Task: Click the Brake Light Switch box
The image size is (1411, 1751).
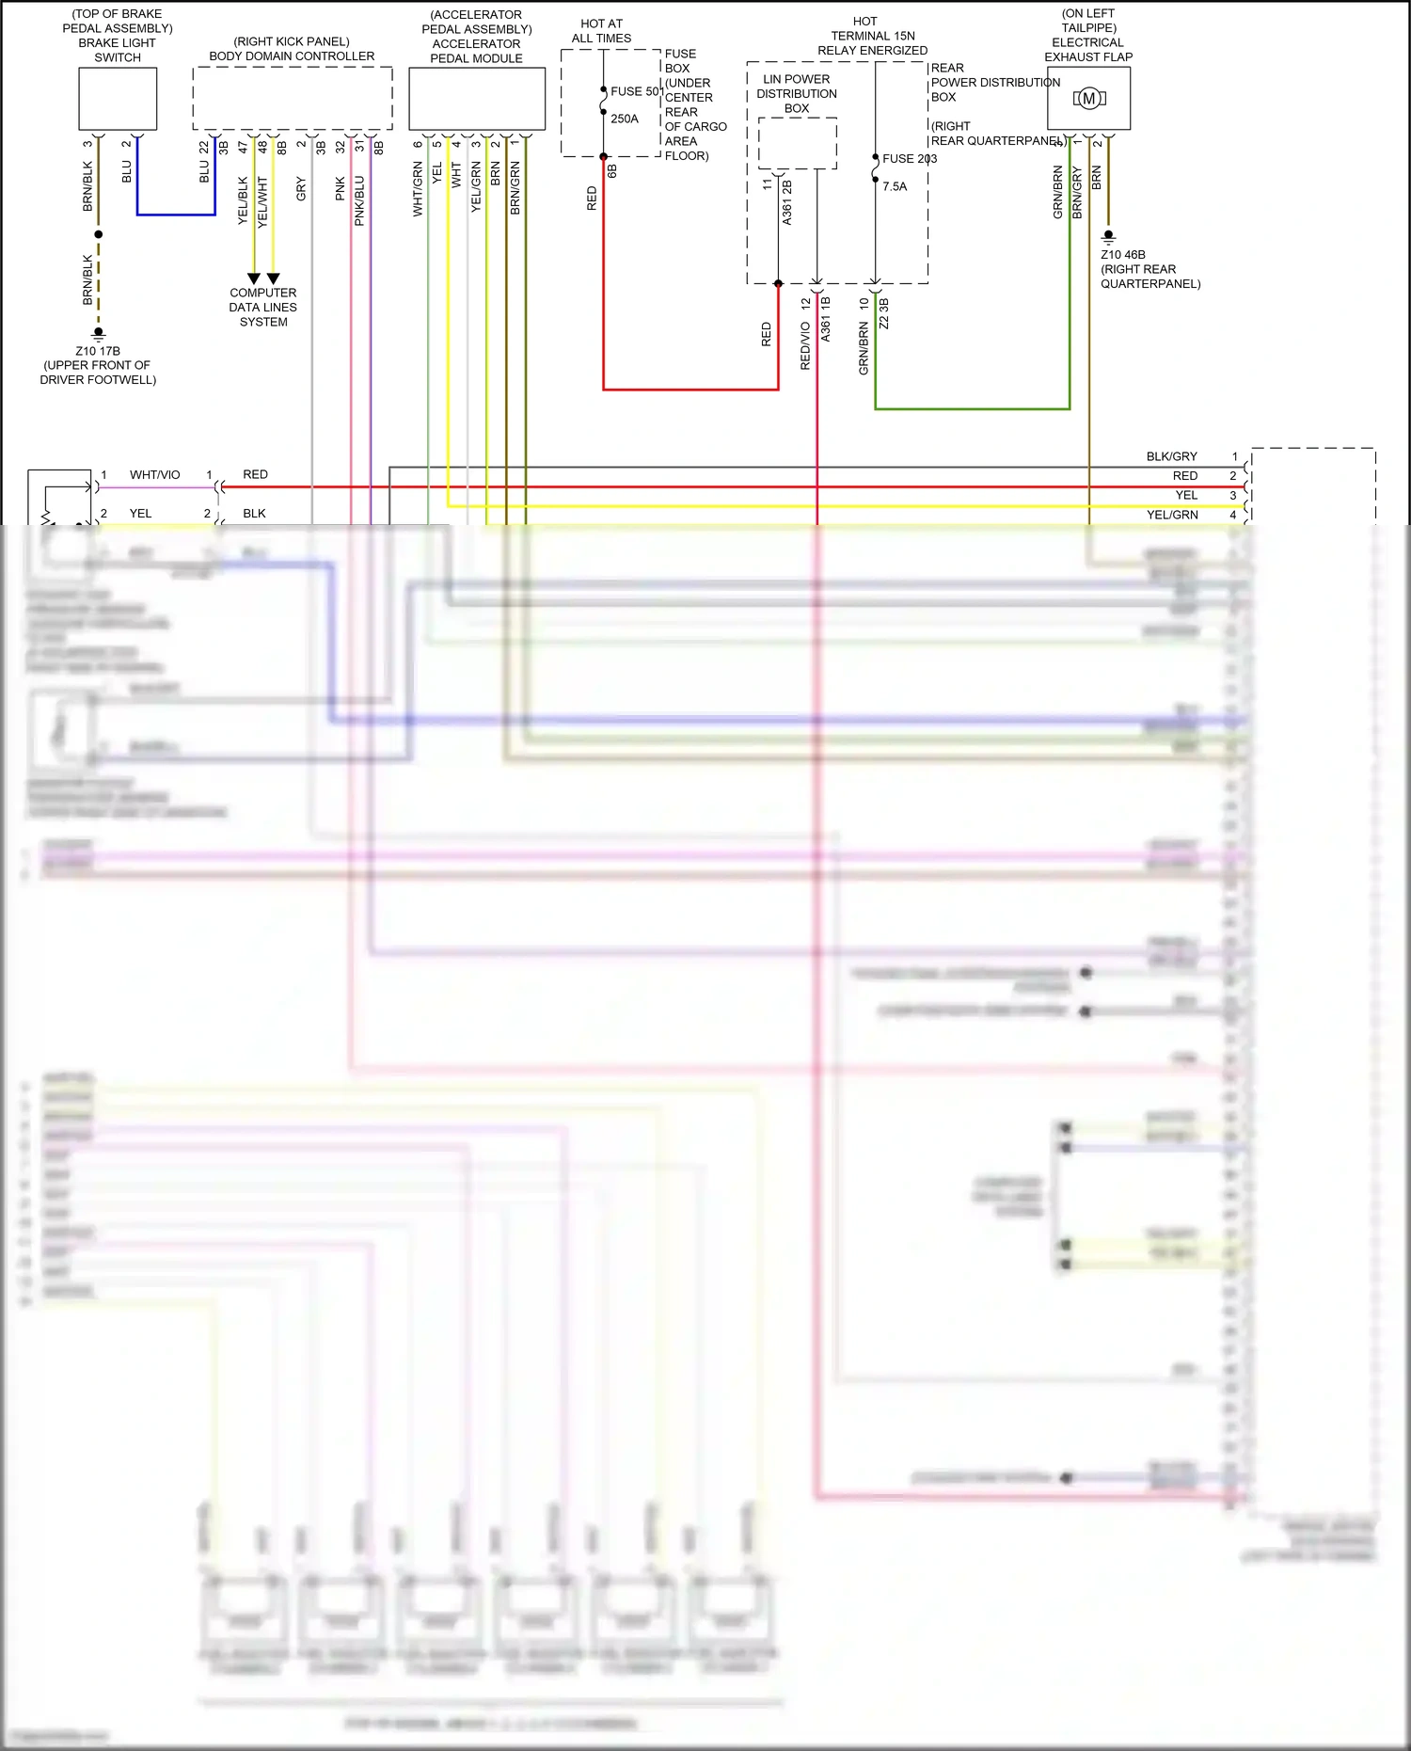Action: click(x=118, y=99)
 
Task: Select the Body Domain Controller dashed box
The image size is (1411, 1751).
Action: click(x=292, y=98)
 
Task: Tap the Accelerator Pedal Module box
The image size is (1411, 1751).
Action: click(x=477, y=98)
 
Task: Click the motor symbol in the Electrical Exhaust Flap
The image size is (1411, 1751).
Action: click(x=1089, y=98)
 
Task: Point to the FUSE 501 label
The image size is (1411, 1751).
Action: click(x=637, y=91)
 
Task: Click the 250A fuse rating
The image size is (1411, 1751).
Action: click(x=625, y=119)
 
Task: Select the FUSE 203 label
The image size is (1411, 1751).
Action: click(x=910, y=158)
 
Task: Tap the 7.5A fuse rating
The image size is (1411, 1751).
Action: click(x=895, y=186)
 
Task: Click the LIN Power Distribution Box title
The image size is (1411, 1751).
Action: click(x=797, y=93)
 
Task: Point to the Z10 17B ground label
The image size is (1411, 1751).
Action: click(x=98, y=351)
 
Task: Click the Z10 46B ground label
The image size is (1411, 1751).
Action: click(x=1123, y=254)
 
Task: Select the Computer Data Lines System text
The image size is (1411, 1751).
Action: click(x=263, y=307)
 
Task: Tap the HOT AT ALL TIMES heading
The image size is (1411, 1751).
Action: click(x=601, y=31)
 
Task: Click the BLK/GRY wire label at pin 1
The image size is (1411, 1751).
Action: click(x=1171, y=456)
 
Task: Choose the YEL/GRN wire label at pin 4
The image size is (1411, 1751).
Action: click(x=1172, y=515)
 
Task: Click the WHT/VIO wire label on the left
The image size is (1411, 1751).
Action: click(x=154, y=475)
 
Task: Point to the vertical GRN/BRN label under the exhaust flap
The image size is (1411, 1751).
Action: click(x=1058, y=193)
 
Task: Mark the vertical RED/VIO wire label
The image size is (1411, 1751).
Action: click(x=805, y=345)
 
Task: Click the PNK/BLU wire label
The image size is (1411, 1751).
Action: click(x=359, y=201)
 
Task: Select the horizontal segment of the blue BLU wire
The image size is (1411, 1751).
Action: click(x=176, y=215)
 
